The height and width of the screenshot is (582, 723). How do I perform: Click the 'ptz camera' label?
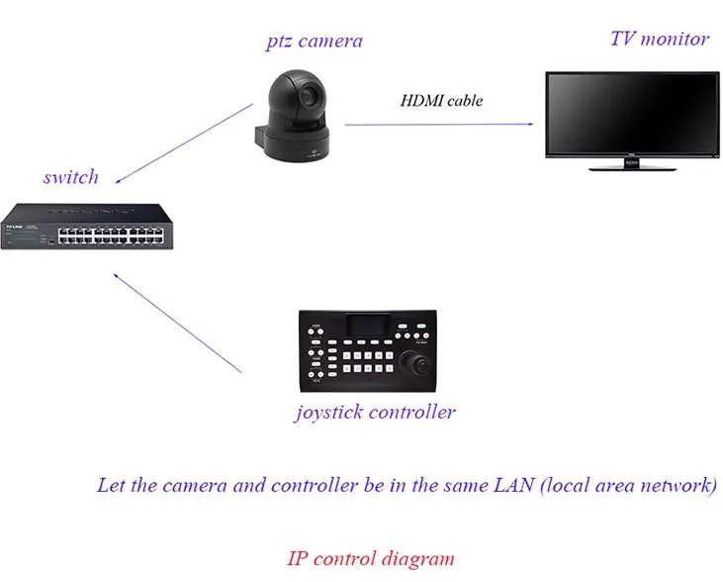coord(314,42)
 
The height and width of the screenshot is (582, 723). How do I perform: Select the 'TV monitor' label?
coord(659,40)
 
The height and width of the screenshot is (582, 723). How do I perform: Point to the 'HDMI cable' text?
coord(441,100)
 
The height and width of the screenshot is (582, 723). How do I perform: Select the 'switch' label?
coord(71,178)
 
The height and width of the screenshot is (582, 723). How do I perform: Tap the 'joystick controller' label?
coord(375,412)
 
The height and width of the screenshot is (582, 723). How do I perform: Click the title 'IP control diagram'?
coord(371,558)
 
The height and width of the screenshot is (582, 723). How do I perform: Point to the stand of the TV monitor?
coord(633,164)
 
